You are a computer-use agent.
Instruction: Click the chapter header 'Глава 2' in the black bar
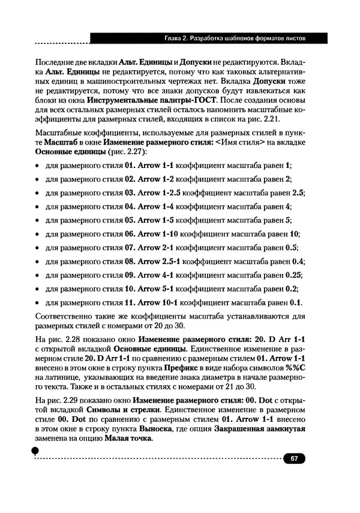point(178,39)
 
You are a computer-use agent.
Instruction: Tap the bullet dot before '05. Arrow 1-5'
point(37,221)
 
